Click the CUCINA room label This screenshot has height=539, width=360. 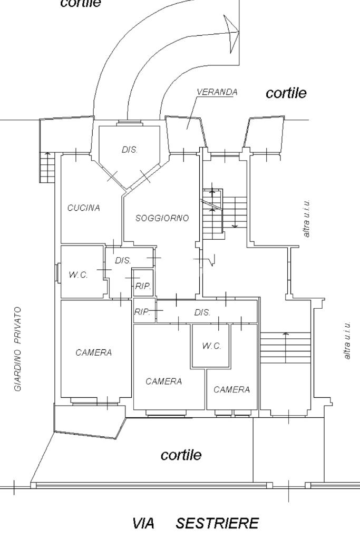click(84, 208)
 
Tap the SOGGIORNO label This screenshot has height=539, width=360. click(162, 218)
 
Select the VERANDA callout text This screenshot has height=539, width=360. click(217, 92)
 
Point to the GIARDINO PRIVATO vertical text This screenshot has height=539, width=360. click(18, 349)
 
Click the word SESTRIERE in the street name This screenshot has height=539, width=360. click(217, 523)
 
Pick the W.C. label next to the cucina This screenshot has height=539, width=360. click(78, 275)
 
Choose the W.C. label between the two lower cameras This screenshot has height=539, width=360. click(211, 346)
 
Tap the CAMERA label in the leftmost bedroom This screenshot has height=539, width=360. click(93, 352)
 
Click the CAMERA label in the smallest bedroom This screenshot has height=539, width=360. click(231, 389)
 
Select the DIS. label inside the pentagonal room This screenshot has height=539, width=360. click(130, 150)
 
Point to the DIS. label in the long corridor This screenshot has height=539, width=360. click(202, 312)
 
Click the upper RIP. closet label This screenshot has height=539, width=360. click(143, 286)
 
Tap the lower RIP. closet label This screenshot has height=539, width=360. click(142, 312)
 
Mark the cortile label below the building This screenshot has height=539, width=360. click(181, 455)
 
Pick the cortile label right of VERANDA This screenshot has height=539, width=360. click(286, 93)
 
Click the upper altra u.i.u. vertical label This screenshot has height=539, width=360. click(306, 218)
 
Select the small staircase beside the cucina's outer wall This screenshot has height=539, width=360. click(47, 168)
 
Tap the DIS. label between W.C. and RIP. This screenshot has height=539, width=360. click(123, 261)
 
